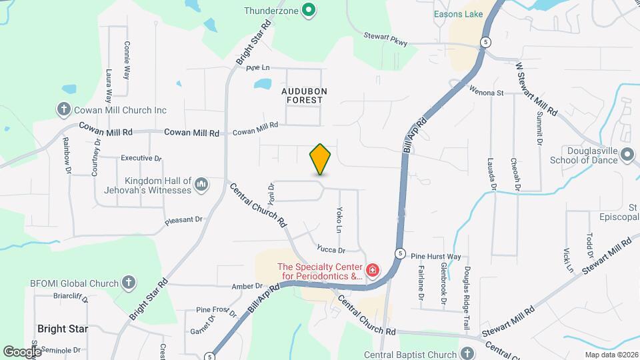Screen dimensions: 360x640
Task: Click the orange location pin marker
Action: coord(320,159)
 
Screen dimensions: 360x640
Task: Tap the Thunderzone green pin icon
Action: coord(308,10)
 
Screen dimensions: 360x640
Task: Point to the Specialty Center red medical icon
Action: coord(373,271)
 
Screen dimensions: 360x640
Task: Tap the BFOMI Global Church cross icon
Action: coord(129,283)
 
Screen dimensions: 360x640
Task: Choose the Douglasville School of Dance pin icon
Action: coord(627,155)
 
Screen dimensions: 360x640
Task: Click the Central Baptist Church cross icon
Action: coord(468,353)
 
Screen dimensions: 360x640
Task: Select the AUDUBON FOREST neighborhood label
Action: coord(301,95)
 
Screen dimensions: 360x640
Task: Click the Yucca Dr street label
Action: coord(331,250)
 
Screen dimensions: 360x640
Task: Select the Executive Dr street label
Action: coord(141,159)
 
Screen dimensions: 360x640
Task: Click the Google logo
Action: coord(22,351)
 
